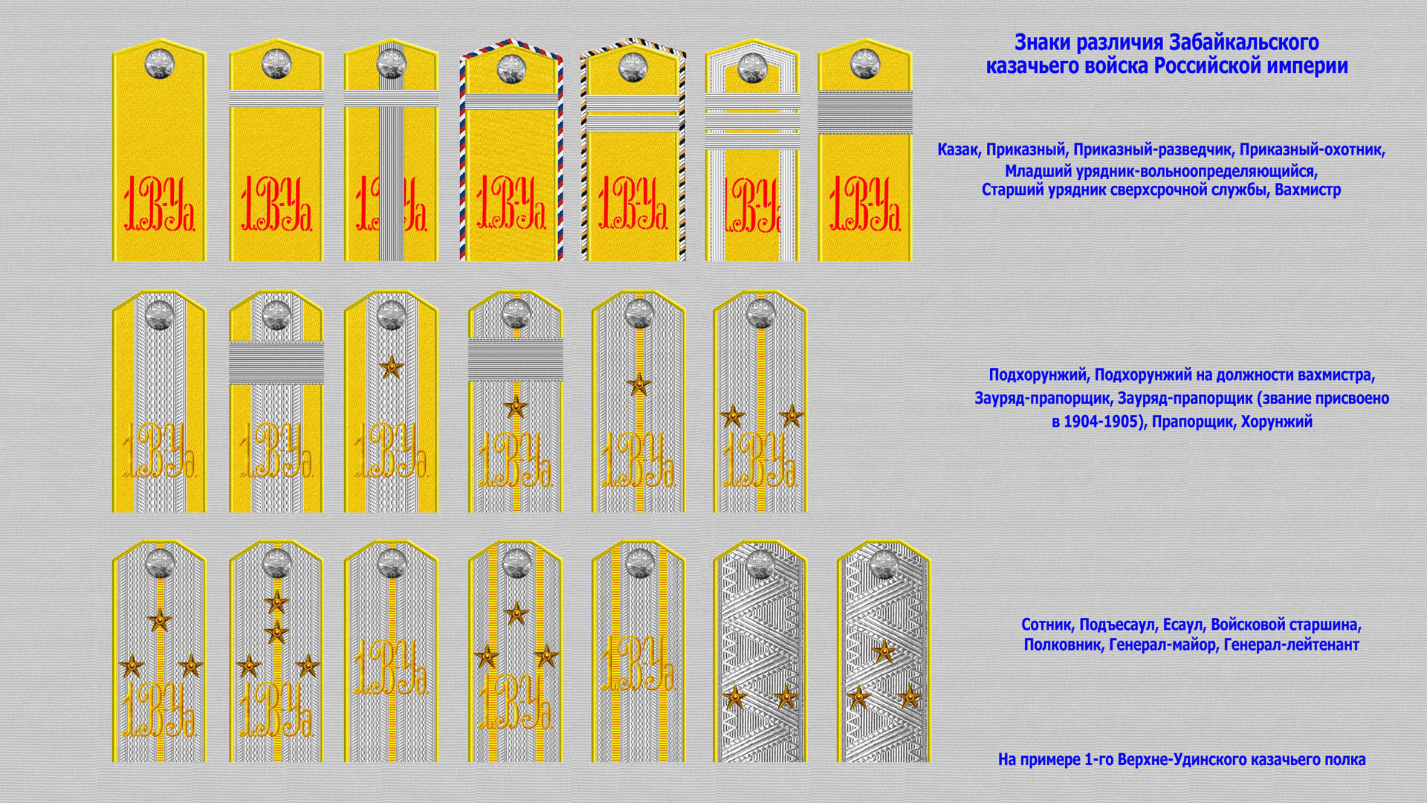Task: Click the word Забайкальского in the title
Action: [1244, 42]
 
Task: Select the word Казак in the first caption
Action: [957, 150]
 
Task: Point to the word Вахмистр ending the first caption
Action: [1308, 190]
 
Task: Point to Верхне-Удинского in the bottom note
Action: [1191, 760]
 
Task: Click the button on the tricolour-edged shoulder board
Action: [511, 68]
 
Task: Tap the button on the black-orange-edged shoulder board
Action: [632, 68]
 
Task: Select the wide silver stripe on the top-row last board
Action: [865, 112]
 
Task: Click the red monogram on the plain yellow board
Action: [159, 204]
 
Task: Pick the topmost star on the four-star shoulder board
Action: [276, 602]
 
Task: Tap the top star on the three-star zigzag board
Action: [884, 651]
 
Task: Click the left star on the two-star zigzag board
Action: [734, 697]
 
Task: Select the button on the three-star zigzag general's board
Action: [884, 565]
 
